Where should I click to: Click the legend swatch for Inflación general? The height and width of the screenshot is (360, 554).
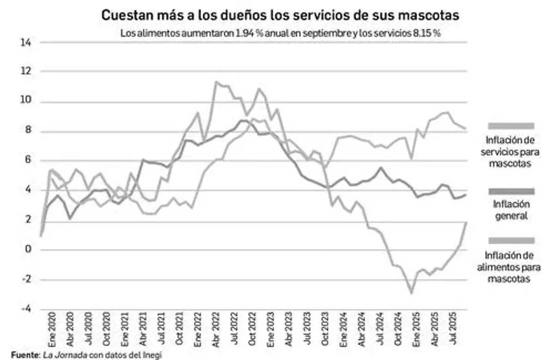coord(511,191)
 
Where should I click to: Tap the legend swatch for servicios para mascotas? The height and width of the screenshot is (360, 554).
coord(511,126)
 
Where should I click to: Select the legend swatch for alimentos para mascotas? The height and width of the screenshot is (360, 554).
coord(511,240)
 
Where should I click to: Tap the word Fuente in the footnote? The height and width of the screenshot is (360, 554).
coord(25,355)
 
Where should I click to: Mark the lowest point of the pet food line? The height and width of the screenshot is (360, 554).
coord(410,293)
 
